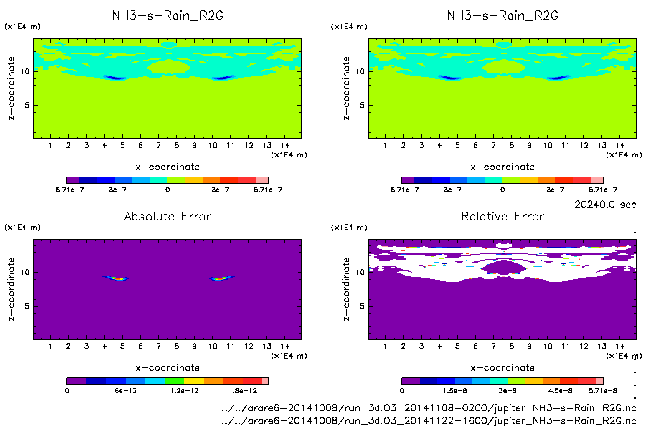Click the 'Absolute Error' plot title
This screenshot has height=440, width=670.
pos(167,216)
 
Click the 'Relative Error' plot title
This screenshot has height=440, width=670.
pos(502,216)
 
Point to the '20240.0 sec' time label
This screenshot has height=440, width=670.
pos(605,205)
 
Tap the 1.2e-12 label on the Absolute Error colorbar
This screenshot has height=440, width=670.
pos(184,391)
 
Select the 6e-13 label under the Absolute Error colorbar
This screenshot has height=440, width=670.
pos(126,391)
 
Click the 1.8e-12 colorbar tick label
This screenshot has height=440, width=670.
pos(243,391)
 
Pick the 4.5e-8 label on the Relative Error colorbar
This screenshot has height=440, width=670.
pos(561,391)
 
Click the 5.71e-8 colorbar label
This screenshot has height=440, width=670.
pos(603,391)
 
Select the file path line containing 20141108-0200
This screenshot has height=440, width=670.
pos(429,408)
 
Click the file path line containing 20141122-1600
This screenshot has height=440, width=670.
pos(429,421)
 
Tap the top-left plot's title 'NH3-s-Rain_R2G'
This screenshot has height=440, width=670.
pos(167,15)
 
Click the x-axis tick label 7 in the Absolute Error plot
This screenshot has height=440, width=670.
pos(158,346)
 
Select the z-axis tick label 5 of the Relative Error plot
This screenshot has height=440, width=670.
pos(362,306)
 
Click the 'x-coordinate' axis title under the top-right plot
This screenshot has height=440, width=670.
pos(502,167)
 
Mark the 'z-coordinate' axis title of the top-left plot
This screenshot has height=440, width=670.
pos(11,89)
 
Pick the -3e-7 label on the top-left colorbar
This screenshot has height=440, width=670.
pos(115,190)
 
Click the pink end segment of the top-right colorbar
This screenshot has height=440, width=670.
pos(597,180)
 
